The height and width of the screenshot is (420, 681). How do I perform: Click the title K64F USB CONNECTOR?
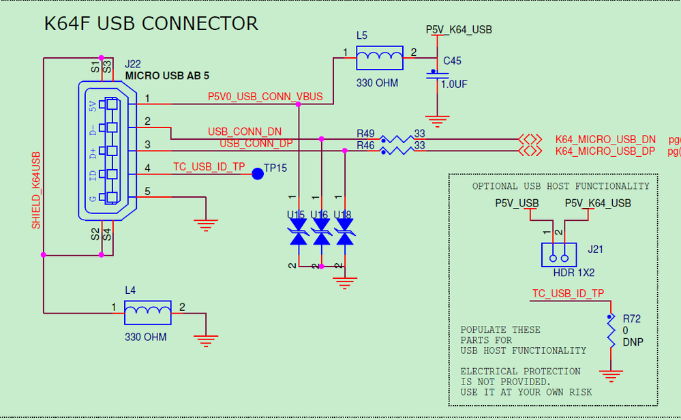point(151,24)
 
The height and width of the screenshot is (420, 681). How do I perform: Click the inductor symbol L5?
point(379,58)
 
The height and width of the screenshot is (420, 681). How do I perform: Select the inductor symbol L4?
point(148,313)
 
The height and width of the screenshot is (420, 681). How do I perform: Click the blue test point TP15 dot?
point(258,173)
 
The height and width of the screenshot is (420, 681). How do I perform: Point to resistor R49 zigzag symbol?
point(397,138)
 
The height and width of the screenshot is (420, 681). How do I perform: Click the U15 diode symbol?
point(298,237)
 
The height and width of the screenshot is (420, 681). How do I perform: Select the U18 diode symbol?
point(345,237)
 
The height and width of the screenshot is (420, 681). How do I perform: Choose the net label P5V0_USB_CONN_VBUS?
point(265,97)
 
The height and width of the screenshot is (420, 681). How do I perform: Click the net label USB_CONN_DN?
point(245,132)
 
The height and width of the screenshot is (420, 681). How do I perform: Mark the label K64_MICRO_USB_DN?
point(605,139)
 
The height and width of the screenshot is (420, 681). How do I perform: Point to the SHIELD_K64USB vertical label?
point(36,190)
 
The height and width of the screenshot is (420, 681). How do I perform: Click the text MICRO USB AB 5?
point(167,75)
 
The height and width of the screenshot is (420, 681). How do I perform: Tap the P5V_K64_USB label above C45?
point(459,30)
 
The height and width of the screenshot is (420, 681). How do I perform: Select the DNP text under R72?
point(633,342)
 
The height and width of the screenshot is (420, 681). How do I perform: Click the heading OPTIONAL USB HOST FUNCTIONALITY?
point(561,186)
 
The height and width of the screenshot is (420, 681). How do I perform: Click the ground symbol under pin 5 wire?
point(206,223)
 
